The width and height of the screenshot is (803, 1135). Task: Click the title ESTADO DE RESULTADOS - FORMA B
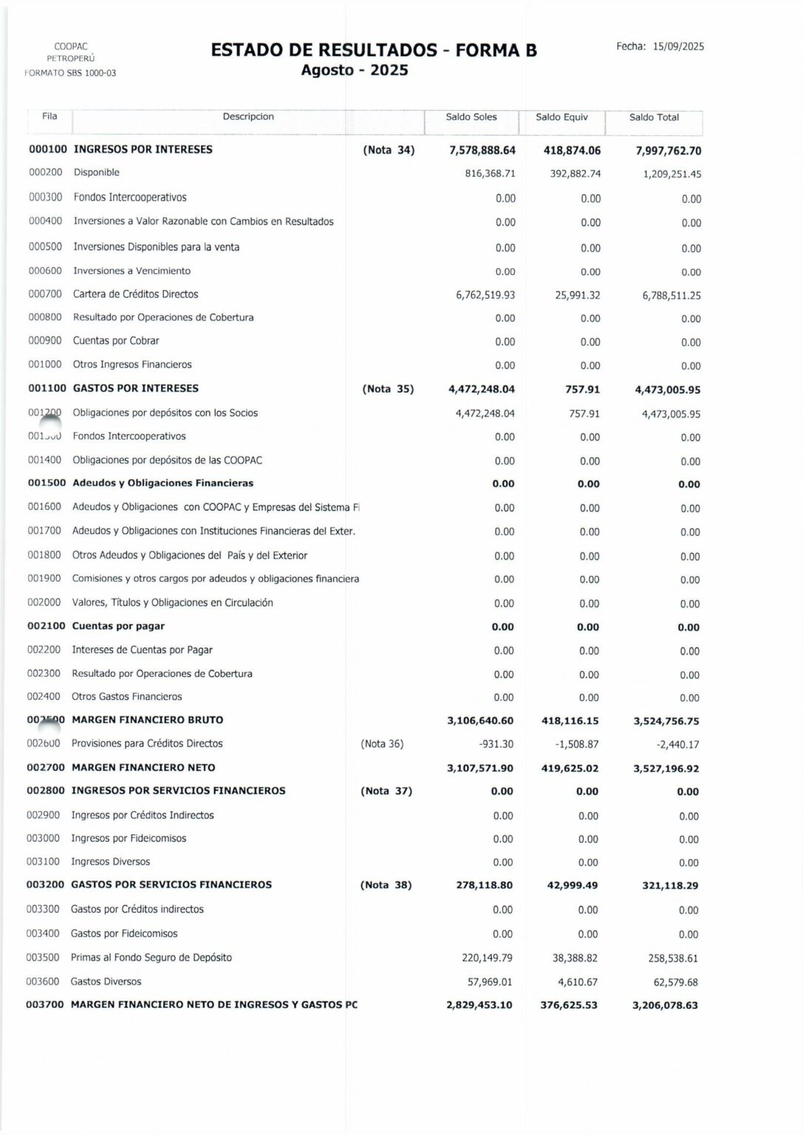click(374, 50)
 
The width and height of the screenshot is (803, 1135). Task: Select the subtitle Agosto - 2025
click(355, 71)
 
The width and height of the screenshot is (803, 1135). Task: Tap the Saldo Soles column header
click(471, 117)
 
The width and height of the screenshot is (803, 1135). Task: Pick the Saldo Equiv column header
click(561, 117)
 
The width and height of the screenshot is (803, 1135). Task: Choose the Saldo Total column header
click(654, 117)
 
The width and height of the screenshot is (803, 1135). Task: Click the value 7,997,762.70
click(668, 151)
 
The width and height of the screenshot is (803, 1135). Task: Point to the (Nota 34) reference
click(389, 150)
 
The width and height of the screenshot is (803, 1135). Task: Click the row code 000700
click(45, 294)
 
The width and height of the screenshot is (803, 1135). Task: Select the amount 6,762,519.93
click(485, 295)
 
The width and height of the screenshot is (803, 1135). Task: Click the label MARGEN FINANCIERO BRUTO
click(147, 720)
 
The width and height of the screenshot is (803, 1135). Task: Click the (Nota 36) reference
click(382, 744)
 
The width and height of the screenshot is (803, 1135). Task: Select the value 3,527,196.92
click(666, 768)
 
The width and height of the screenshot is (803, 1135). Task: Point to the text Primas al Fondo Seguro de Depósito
click(151, 958)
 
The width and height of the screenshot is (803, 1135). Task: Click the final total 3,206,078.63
click(665, 1006)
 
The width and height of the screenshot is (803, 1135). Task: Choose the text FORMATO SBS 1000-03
click(70, 73)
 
